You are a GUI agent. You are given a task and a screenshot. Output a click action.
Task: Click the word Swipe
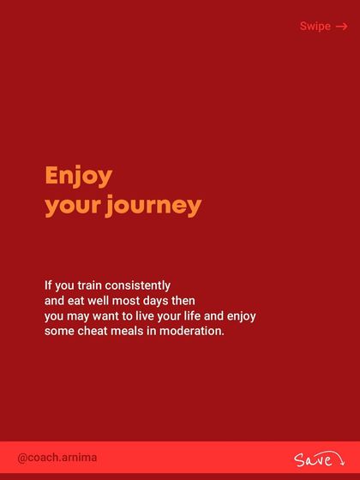tap(315, 27)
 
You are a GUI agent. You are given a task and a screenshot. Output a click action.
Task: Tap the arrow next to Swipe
tap(341, 27)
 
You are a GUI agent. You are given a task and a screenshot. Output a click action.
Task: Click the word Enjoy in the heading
tap(78, 177)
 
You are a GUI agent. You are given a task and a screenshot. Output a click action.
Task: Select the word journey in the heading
tap(154, 207)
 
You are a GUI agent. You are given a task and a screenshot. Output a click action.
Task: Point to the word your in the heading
tap(72, 207)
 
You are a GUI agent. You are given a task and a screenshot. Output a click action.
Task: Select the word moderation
tap(189, 331)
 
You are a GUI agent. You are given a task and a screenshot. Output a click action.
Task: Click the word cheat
tap(92, 331)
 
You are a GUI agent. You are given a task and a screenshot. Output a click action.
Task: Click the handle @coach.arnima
tap(57, 458)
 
